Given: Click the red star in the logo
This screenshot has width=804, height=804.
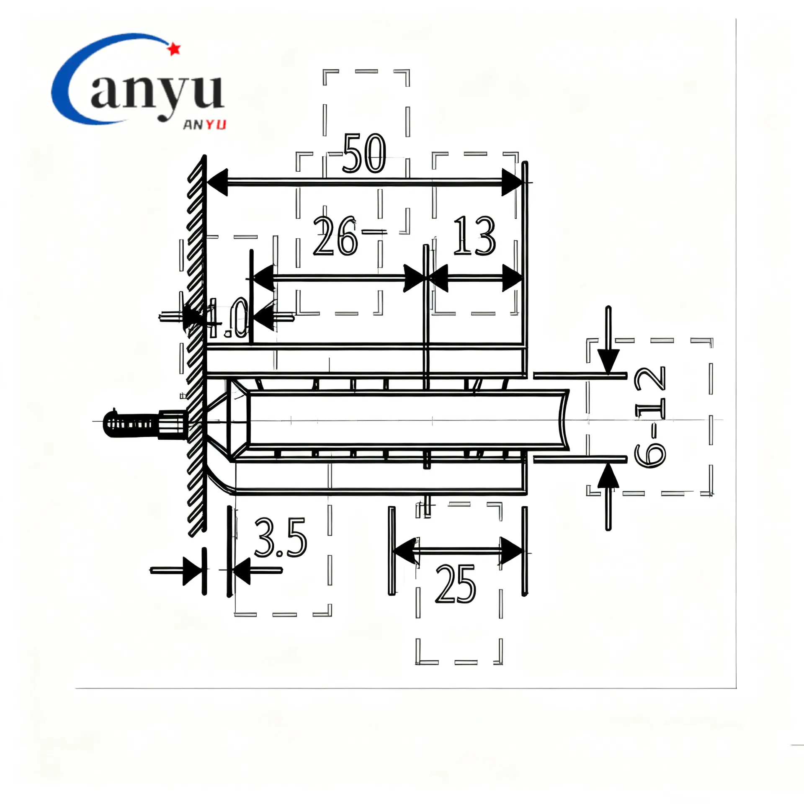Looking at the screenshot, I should click(174, 49).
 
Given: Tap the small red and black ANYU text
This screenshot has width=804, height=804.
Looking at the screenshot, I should click(205, 125).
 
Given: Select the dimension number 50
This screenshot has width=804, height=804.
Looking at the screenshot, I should click(363, 154).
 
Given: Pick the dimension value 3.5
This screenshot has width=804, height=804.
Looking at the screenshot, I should click(280, 538).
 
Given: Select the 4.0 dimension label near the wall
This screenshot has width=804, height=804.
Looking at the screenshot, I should click(228, 318).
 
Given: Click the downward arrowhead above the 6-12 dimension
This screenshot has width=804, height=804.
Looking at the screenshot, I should click(608, 362).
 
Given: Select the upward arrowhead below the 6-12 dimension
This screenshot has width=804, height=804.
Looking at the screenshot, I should click(608, 476).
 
